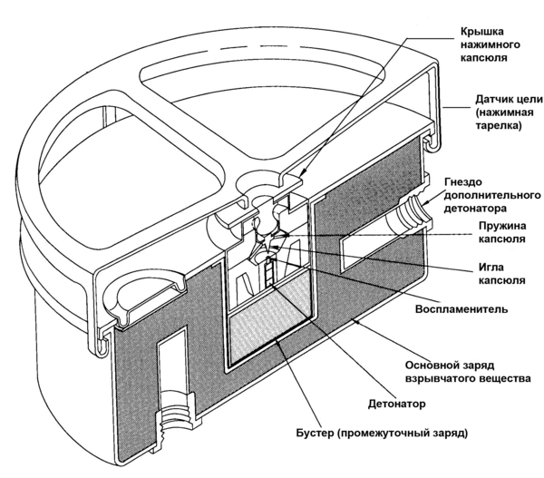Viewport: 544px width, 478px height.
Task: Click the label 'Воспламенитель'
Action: [x=461, y=309]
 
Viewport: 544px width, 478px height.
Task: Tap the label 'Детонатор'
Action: [x=396, y=404]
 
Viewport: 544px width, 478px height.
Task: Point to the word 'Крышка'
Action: [x=482, y=32]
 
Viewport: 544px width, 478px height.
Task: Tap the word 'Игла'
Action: [x=491, y=268]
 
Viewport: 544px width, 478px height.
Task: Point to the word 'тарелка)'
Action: [x=498, y=126]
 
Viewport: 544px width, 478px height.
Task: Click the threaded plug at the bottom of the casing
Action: [x=175, y=422]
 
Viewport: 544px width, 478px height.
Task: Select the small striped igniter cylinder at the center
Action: [x=269, y=270]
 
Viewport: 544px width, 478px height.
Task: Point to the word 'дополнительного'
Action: [x=492, y=195]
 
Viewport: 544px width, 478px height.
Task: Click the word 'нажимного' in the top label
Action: [x=490, y=45]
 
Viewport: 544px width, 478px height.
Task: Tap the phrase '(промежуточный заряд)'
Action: [x=402, y=433]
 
